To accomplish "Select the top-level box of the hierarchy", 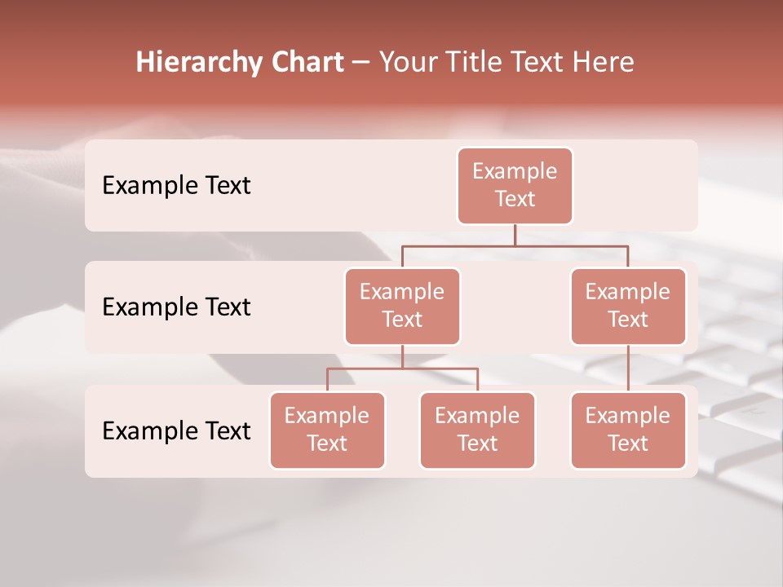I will click(x=515, y=185).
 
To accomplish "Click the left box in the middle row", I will click(x=402, y=306).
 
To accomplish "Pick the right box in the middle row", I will click(x=628, y=306).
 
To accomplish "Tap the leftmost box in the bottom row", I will click(x=327, y=430).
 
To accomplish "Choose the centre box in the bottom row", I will click(x=477, y=430).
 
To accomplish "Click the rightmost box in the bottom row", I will click(x=628, y=430).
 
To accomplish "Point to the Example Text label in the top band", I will click(x=176, y=186).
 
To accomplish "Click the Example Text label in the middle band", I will click(x=176, y=307).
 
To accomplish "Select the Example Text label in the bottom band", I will click(x=176, y=430).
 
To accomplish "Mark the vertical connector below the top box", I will click(x=515, y=235).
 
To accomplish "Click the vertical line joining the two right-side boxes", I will click(x=628, y=369).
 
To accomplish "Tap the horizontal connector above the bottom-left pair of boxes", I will click(x=402, y=369).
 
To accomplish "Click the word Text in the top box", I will click(x=515, y=199).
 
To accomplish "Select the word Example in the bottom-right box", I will click(x=628, y=416).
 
